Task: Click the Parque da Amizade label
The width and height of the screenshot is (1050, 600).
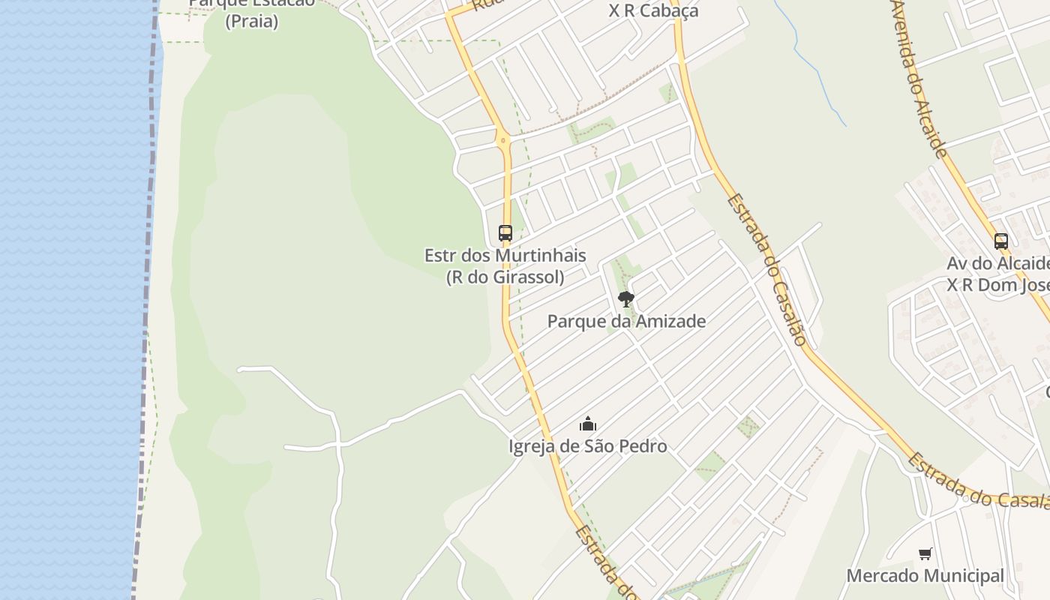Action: (x=626, y=322)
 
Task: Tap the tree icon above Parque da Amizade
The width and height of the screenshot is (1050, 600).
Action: (x=625, y=300)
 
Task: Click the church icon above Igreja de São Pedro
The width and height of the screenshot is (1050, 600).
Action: (x=588, y=424)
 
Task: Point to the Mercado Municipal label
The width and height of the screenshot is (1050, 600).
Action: (x=925, y=576)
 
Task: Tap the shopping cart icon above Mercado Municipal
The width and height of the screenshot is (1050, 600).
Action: (x=925, y=554)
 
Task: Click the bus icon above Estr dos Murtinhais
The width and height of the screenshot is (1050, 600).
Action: (x=505, y=233)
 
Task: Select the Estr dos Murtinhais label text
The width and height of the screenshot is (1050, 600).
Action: (x=505, y=256)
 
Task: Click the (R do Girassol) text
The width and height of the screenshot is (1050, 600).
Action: (x=505, y=277)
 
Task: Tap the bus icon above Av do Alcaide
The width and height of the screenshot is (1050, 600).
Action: (x=1000, y=241)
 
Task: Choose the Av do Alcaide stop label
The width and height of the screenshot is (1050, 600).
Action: (x=997, y=264)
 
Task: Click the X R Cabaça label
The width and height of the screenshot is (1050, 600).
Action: (x=653, y=10)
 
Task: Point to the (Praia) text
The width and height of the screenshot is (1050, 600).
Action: (x=252, y=21)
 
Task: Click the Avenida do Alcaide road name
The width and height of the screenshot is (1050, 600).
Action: (x=919, y=79)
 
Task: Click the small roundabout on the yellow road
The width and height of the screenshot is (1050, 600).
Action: (x=503, y=139)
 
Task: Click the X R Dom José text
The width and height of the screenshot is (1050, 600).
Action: (x=997, y=286)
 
